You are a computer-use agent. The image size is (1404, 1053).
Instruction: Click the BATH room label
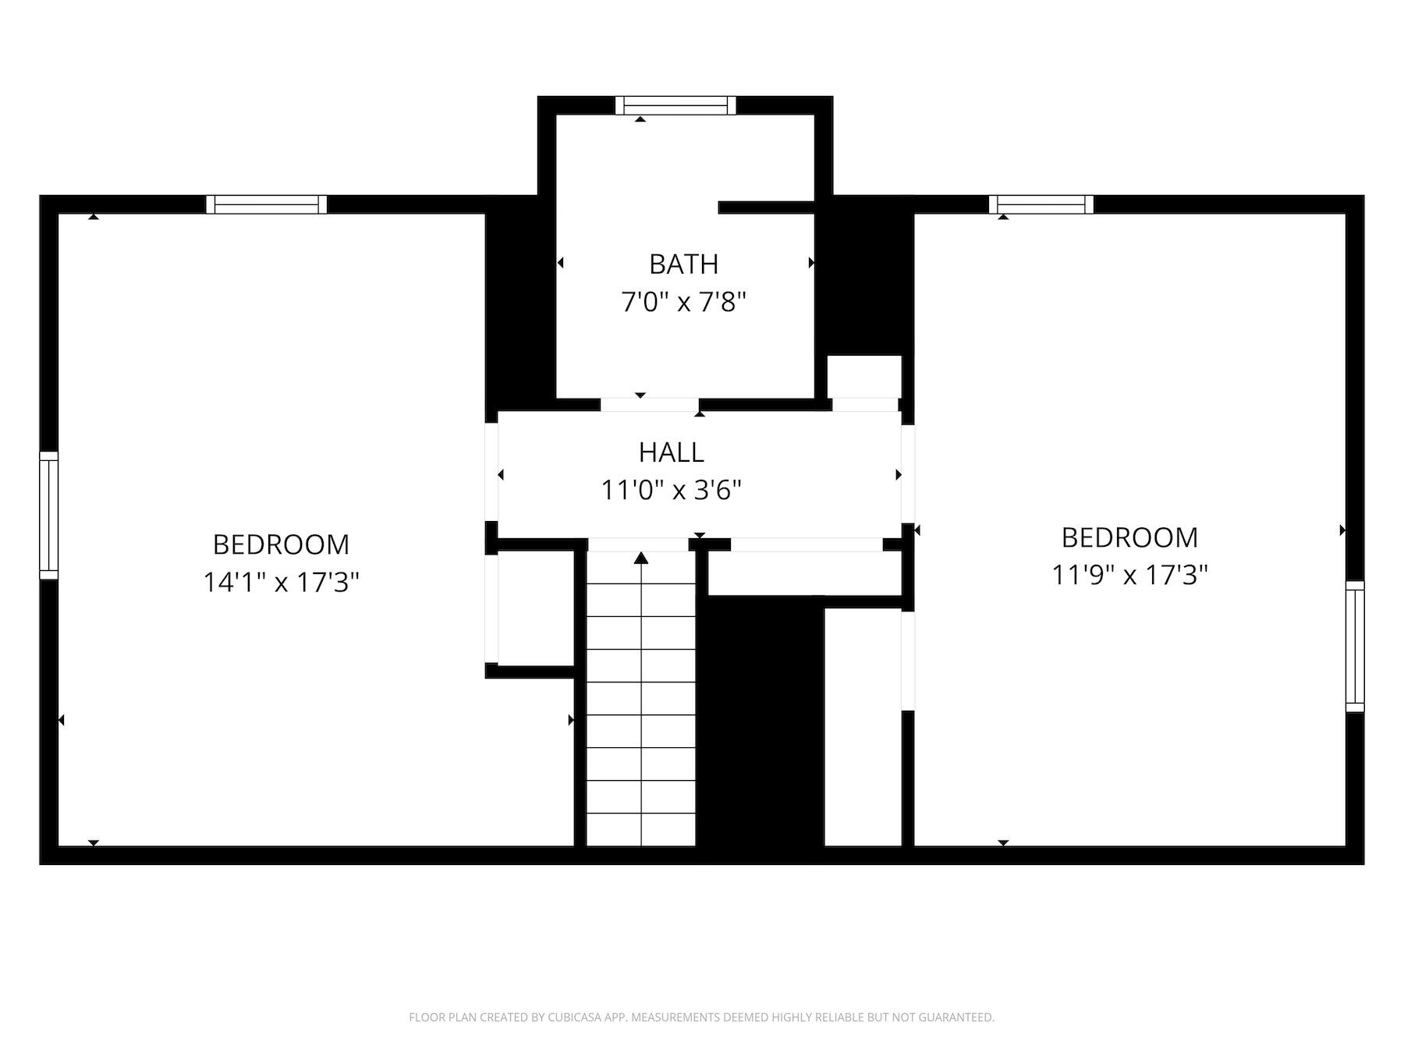coord(683,264)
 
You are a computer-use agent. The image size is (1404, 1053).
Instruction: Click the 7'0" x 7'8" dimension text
coord(683,302)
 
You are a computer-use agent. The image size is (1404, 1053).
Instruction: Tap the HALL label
coord(671,452)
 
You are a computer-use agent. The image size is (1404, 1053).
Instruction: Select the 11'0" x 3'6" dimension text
coord(671,491)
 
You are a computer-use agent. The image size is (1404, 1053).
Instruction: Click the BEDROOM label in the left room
coord(281,544)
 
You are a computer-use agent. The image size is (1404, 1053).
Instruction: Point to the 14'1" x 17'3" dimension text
coord(281,582)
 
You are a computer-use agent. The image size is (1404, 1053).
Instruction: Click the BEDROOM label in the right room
coord(1129,537)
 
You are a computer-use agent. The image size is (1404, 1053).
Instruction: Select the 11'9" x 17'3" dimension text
coord(1129,576)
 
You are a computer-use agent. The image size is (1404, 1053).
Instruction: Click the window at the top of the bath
coord(675,105)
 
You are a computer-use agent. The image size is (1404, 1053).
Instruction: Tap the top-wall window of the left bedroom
coord(267,204)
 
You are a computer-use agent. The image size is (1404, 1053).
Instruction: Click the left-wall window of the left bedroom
coord(48,515)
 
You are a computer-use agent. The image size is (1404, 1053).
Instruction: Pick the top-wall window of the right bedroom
coord(1041,204)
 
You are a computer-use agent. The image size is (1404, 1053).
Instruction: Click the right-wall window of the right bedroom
coord(1355,646)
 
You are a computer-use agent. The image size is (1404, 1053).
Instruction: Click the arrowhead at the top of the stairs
coord(641,557)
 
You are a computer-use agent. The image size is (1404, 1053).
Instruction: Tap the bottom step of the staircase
coord(641,830)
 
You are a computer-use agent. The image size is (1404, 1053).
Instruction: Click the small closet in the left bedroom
coord(535,608)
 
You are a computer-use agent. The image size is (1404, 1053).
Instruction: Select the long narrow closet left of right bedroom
coord(863,725)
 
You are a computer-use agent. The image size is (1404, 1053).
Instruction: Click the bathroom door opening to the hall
coord(649,405)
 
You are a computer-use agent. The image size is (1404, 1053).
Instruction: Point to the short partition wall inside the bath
coord(766,207)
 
